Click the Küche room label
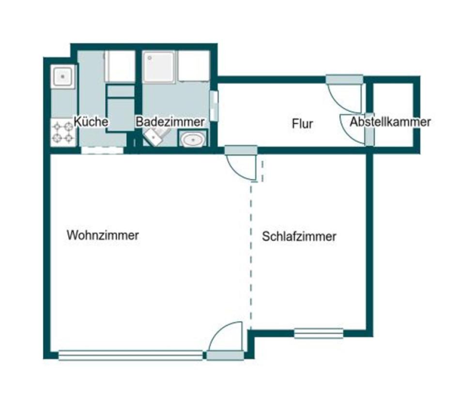(x=91, y=122)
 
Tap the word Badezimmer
(x=170, y=122)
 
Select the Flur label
(x=302, y=124)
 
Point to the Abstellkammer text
(x=390, y=122)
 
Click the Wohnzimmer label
(x=103, y=235)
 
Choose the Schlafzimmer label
(x=299, y=237)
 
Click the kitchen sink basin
(x=63, y=77)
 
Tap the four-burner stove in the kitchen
(x=63, y=132)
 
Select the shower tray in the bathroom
(x=158, y=67)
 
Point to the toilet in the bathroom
(x=154, y=138)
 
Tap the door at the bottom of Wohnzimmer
(x=226, y=339)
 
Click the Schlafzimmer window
(x=318, y=333)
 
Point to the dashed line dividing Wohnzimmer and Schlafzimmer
(x=251, y=252)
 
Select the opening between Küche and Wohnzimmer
(x=102, y=150)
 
